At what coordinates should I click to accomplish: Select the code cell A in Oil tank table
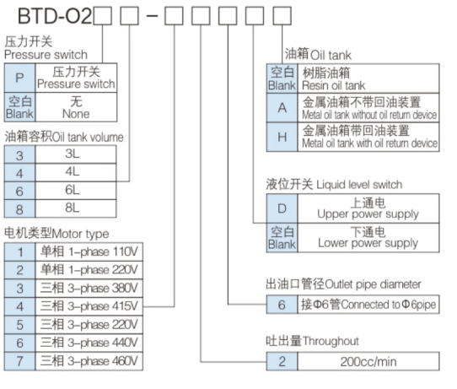point(282,107)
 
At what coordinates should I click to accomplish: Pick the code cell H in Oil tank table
point(282,138)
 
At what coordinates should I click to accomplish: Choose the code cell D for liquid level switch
point(282,207)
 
